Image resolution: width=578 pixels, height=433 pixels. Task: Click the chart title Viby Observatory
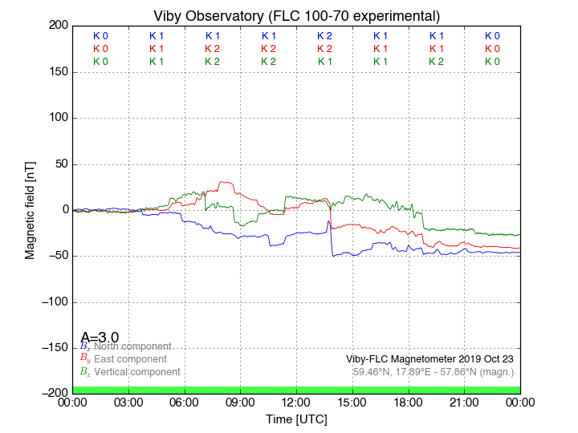[296, 16]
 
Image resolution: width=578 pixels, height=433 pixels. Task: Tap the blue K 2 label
[324, 36]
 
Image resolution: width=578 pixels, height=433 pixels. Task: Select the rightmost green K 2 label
[436, 62]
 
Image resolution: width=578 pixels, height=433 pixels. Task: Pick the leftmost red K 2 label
[212, 49]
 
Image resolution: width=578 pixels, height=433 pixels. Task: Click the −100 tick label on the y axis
[53, 302]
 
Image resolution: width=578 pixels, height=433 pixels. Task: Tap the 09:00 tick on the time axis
[240, 402]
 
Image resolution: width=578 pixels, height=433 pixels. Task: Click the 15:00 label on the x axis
[352, 402]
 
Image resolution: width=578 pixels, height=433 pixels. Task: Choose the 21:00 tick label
[464, 402]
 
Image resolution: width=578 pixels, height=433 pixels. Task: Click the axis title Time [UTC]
[296, 419]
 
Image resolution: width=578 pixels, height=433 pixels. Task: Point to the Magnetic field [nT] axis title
[31, 209]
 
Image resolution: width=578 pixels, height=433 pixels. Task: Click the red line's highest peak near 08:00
[224, 182]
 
